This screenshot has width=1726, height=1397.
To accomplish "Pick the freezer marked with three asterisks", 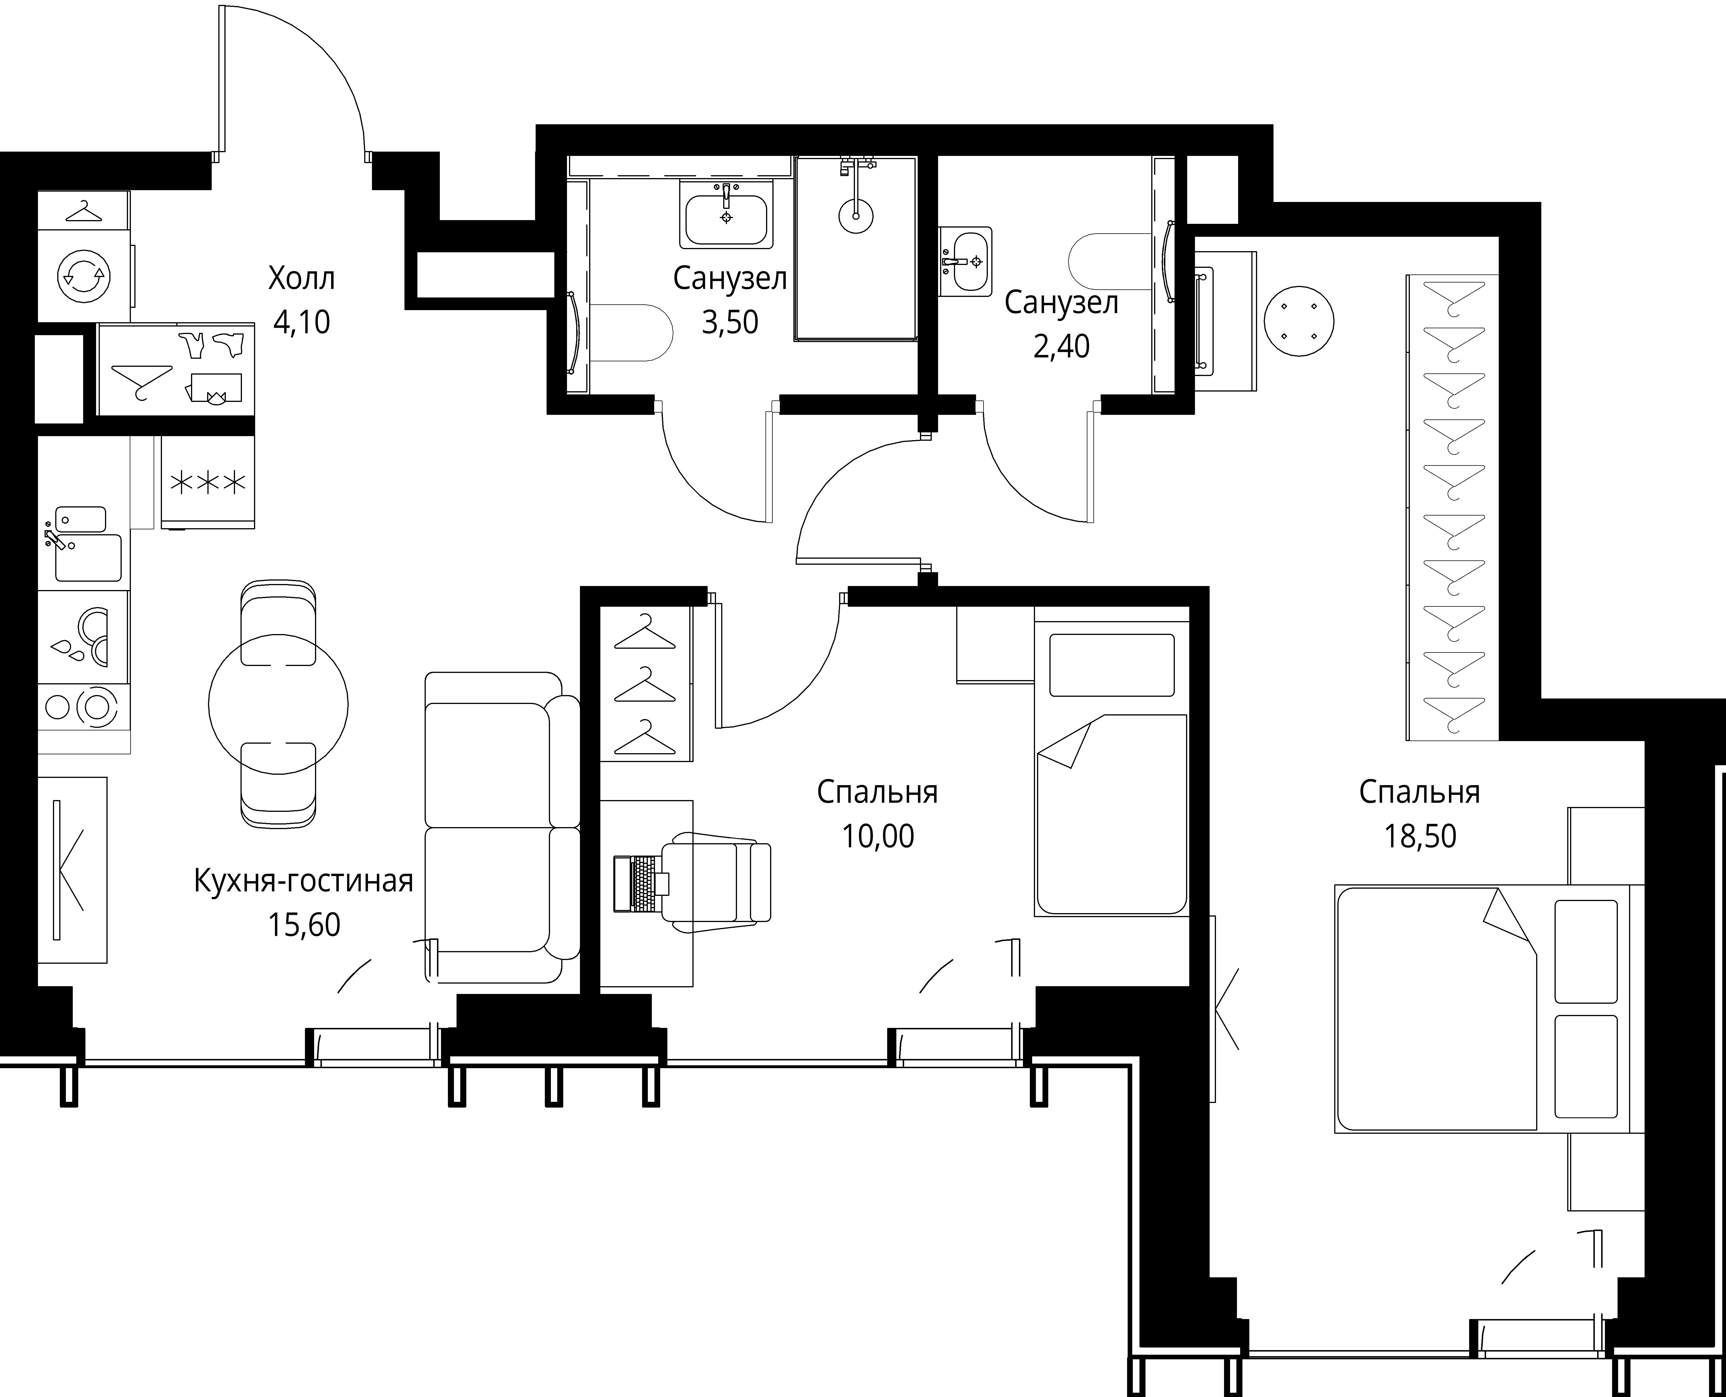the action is point(208,482).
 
